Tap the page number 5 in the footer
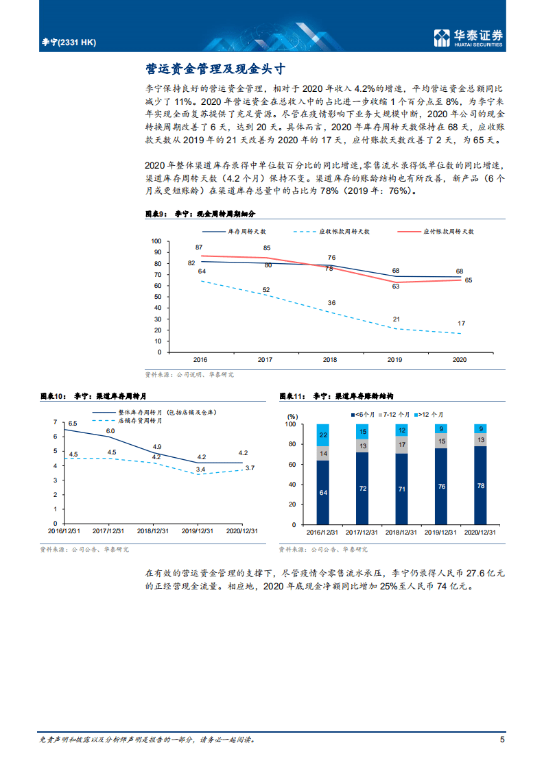[x=502, y=740]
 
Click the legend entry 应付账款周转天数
[x=449, y=232]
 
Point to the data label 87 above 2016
[x=199, y=247]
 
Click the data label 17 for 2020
[x=460, y=324]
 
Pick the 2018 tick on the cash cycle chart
[x=330, y=359]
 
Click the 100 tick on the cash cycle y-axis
[x=155, y=241]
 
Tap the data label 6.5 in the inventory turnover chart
[x=72, y=423]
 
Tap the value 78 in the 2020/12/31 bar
[x=481, y=486]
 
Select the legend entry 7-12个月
[x=394, y=415]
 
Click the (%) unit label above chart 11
[x=293, y=415]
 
